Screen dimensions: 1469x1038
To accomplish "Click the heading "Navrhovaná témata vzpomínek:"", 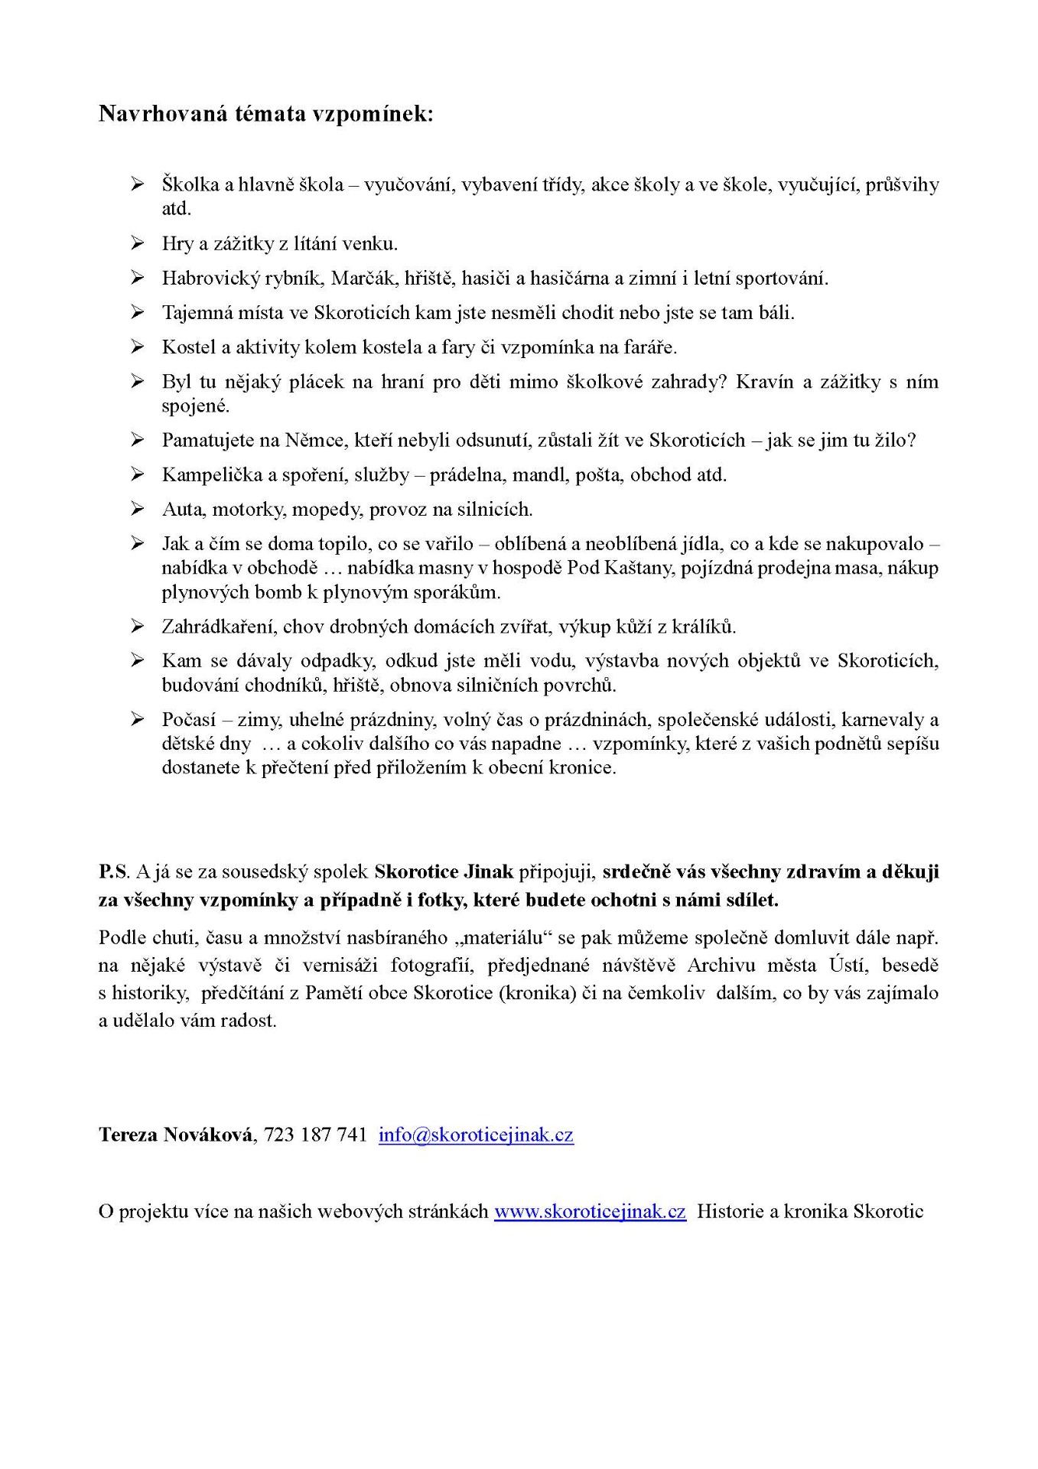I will (265, 114).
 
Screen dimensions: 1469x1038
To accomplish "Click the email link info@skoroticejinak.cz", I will (476, 1135).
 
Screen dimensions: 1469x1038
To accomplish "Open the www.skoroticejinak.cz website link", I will (590, 1212).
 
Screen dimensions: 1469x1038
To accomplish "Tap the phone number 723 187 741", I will (315, 1135).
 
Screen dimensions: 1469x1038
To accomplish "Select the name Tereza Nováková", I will (176, 1135).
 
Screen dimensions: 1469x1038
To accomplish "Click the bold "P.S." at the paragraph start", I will (114, 872).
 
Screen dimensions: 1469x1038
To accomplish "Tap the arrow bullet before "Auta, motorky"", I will (137, 509).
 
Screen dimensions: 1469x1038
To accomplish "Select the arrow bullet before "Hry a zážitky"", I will (137, 243).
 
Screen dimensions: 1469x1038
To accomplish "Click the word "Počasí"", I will (188, 720).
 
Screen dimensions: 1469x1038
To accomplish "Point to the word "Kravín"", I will (764, 383).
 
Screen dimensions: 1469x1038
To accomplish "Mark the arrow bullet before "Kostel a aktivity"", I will (137, 347).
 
